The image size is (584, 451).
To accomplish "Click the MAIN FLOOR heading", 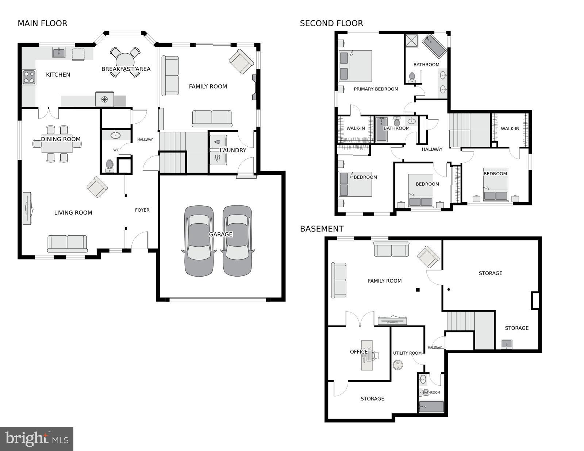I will [x=42, y=23].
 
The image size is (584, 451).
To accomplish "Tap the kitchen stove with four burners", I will [x=29, y=77].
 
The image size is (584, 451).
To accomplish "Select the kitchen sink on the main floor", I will [x=59, y=53].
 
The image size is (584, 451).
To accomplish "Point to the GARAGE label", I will [x=220, y=234].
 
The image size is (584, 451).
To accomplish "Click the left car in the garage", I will [x=199, y=241].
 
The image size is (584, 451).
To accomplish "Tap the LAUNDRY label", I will [x=233, y=150].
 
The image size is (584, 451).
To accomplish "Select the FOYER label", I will [x=142, y=210].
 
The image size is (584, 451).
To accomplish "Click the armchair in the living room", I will [x=97, y=187].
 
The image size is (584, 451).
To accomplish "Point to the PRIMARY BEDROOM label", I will [x=376, y=89].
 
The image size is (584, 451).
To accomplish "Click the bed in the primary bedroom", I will [x=356, y=66].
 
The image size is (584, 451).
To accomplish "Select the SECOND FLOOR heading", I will [x=331, y=23].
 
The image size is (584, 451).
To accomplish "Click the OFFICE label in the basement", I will [x=359, y=352].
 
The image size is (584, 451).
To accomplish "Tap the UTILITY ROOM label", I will [x=407, y=353].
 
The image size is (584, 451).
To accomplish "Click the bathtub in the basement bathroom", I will [x=431, y=406].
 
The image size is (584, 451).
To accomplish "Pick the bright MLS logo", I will [x=36, y=439].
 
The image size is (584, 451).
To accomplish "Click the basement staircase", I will [x=461, y=321].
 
